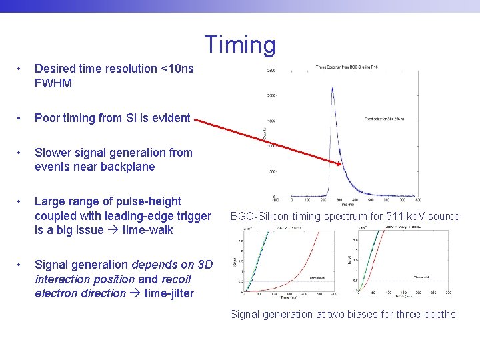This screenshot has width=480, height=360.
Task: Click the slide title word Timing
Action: [239, 45]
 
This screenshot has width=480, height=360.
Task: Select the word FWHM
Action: [53, 84]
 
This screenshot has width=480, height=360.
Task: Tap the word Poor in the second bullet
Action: [47, 119]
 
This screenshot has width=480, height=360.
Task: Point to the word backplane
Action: [127, 167]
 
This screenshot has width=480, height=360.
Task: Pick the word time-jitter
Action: [169, 293]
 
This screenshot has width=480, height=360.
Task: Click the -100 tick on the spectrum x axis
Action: [275, 199]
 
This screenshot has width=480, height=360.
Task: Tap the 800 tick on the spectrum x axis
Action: [418, 199]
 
